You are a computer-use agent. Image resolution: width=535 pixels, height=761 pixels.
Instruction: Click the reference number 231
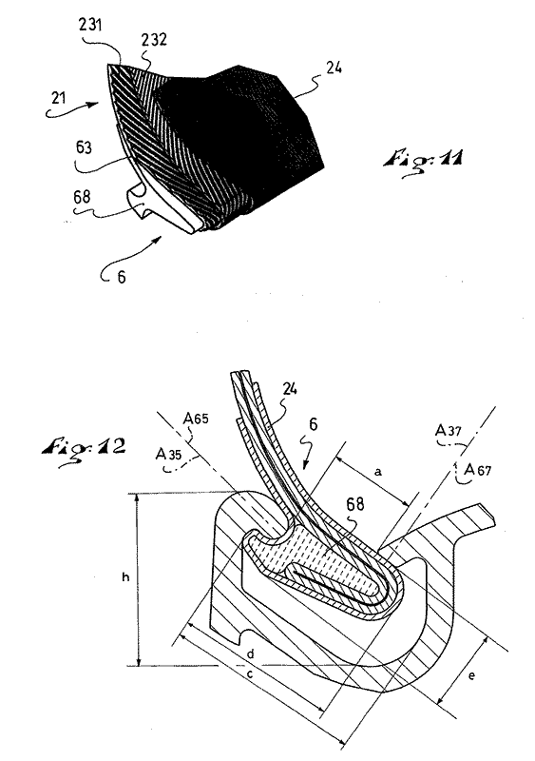pyautogui.click(x=90, y=25)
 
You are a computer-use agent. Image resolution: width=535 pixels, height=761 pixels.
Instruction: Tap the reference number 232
pyautogui.click(x=154, y=39)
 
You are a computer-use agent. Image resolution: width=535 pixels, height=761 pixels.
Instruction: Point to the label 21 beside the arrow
pyautogui.click(x=58, y=98)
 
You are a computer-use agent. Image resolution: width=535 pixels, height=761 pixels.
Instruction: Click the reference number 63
pyautogui.click(x=84, y=147)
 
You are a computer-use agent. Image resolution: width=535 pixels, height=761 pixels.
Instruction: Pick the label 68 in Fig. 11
pyautogui.click(x=82, y=197)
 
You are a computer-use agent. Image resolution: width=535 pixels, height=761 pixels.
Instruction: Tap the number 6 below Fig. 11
pyautogui.click(x=122, y=277)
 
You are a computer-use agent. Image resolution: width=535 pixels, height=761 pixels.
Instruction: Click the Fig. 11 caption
pyautogui.click(x=423, y=160)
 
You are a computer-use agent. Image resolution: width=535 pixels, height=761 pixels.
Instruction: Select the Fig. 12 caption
pyautogui.click(x=84, y=446)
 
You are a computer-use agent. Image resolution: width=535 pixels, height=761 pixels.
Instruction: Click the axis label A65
pyautogui.click(x=196, y=418)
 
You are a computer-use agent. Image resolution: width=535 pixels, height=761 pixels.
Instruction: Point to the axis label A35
pyautogui.click(x=168, y=455)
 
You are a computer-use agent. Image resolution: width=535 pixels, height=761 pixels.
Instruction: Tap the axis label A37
pyautogui.click(x=449, y=430)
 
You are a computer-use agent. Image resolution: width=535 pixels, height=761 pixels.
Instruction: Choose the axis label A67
pyautogui.click(x=478, y=469)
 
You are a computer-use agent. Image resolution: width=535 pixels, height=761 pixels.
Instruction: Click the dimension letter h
pyautogui.click(x=125, y=577)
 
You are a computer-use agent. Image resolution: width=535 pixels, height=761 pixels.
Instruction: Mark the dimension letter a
pyautogui.click(x=379, y=471)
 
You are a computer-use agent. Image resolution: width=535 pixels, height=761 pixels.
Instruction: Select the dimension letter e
pyautogui.click(x=471, y=675)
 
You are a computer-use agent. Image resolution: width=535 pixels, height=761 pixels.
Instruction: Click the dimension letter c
pyautogui.click(x=250, y=674)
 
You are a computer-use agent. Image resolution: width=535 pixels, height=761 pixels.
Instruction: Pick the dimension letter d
pyautogui.click(x=250, y=654)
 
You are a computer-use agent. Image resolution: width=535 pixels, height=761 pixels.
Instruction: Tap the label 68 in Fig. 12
pyautogui.click(x=355, y=504)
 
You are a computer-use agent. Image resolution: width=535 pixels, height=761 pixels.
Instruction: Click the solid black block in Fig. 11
pyautogui.click(x=242, y=131)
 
